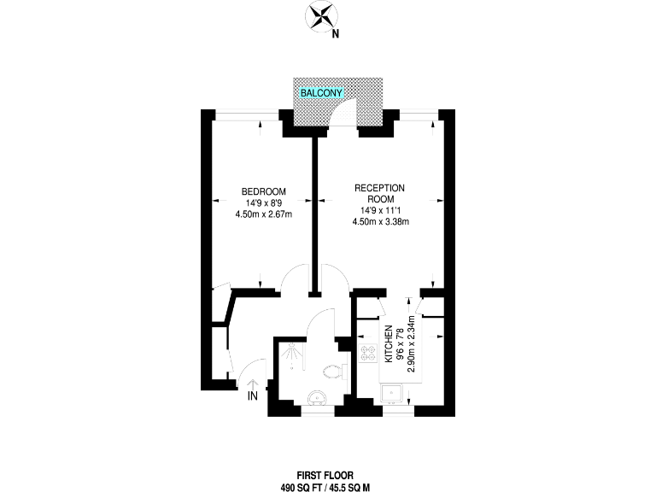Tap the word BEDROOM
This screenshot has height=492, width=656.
tap(263, 191)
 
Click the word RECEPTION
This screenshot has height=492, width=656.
tap(380, 188)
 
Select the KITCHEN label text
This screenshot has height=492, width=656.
tap(389, 345)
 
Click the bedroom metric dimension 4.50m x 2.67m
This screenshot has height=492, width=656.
tap(263, 214)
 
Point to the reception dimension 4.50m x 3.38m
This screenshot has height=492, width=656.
tap(380, 222)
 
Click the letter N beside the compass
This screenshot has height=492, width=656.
tap(336, 35)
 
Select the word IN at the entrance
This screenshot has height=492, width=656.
tap(253, 397)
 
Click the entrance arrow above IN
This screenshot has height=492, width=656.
tap(253, 382)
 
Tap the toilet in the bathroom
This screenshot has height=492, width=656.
tap(335, 371)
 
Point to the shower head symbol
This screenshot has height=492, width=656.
tap(293, 349)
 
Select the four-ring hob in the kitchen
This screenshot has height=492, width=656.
tap(370, 351)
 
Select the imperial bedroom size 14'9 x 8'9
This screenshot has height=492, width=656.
tap(263, 202)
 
